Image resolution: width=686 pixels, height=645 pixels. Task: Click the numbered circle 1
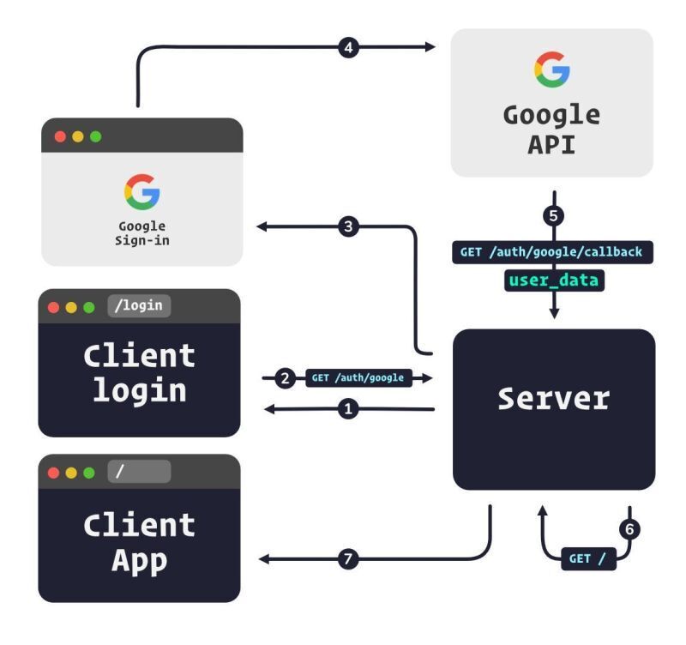tap(348, 410)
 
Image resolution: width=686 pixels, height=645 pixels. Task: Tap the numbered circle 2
tap(286, 377)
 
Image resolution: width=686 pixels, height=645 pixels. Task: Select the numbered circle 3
tap(347, 226)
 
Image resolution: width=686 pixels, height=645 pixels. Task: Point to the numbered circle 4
tap(347, 48)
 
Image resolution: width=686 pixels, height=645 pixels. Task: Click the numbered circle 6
tap(629, 529)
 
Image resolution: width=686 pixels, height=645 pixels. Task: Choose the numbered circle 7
tap(347, 559)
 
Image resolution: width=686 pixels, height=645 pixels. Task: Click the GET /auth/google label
tap(358, 377)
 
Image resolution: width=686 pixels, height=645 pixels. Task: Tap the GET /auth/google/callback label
tap(553, 252)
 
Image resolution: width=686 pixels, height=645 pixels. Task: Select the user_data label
tap(553, 280)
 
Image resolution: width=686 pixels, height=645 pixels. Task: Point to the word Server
tap(554, 399)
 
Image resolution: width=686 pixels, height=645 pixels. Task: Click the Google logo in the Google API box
tap(551, 69)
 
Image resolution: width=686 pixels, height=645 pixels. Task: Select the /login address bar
tap(139, 306)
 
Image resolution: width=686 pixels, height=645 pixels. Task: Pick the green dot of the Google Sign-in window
tap(95, 136)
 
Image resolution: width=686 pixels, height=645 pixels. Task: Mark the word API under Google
tap(551, 143)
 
